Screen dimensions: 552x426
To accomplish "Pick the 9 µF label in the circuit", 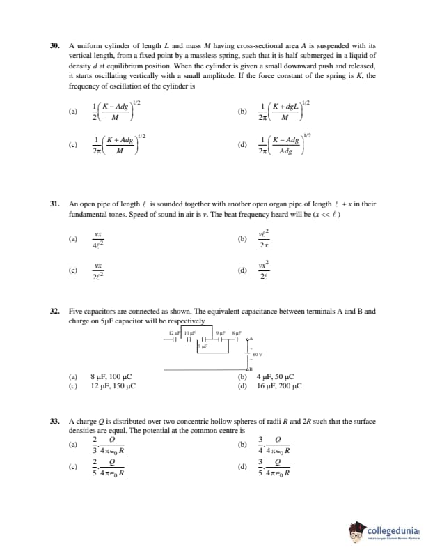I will (x=221, y=331).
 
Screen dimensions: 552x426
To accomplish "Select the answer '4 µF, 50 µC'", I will (x=275, y=377).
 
